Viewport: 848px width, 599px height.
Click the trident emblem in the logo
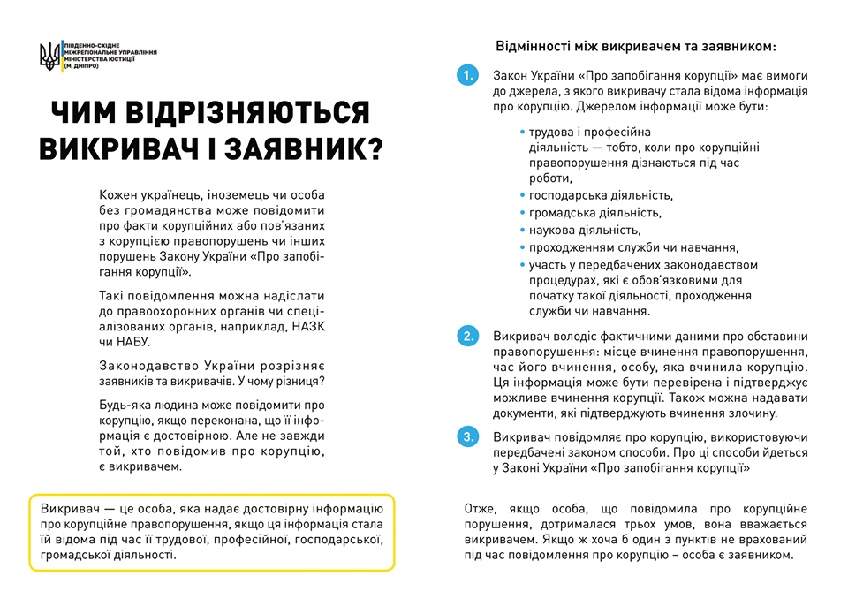point(49,57)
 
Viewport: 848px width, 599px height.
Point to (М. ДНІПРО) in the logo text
point(81,68)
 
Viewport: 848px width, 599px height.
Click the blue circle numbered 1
point(467,76)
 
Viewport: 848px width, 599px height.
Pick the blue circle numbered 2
point(467,337)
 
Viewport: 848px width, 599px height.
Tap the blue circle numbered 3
point(467,436)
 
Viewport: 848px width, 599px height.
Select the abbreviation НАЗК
point(308,326)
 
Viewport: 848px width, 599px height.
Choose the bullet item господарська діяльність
point(601,195)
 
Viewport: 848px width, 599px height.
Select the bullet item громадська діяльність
point(594,213)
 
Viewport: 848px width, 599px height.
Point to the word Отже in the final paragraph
point(480,510)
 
